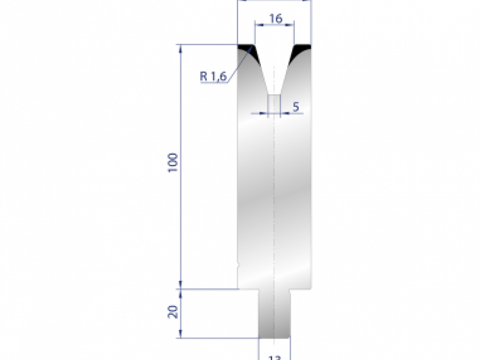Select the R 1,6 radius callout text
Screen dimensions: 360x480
tap(213, 76)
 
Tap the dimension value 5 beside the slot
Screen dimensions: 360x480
tap(296, 107)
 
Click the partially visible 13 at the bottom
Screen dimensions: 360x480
tap(275, 357)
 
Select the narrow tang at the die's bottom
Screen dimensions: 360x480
tap(274, 314)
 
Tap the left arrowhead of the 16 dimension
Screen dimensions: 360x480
tap(258, 25)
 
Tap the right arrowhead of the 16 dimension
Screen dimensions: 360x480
tap(292, 25)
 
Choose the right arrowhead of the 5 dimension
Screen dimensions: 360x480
tap(283, 114)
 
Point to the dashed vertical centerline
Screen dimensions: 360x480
tap(274, 200)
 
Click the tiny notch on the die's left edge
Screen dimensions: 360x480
tap(238, 264)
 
